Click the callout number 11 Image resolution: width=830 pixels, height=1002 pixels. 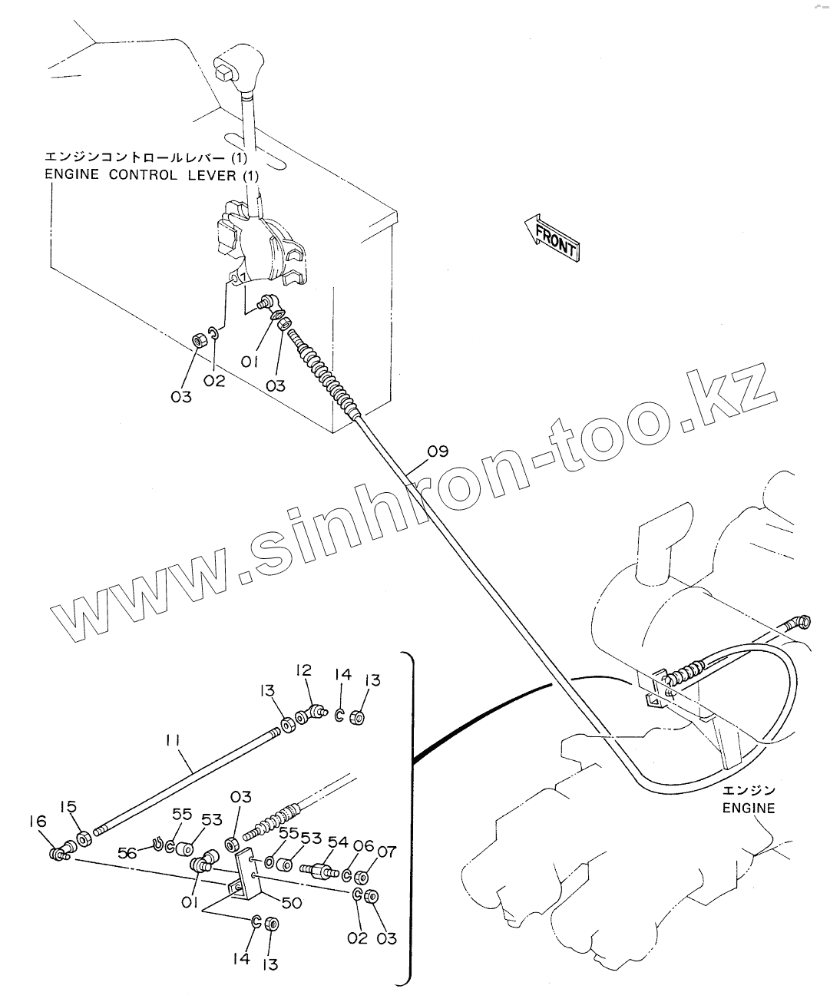coord(172,740)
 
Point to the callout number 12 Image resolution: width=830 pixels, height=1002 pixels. coord(303,670)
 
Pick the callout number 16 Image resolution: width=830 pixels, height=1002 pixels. coord(38,822)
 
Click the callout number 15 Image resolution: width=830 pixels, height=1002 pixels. coord(69,807)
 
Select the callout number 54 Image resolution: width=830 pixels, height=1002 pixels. coord(338,842)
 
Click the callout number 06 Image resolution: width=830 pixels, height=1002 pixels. coord(363,846)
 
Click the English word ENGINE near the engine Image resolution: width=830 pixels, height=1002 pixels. coord(749,808)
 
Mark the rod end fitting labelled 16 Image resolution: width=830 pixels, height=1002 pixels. coord(59,852)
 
